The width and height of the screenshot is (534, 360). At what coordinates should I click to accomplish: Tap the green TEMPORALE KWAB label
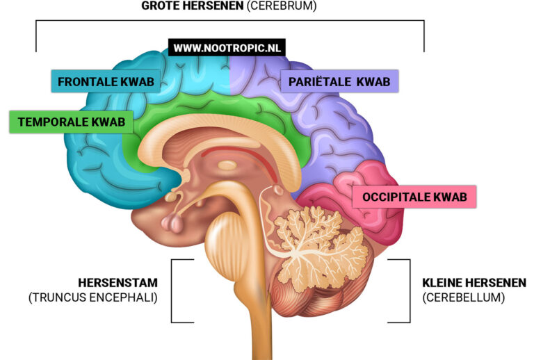click(x=71, y=122)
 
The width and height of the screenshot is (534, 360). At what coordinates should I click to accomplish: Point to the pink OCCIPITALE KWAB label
click(x=415, y=197)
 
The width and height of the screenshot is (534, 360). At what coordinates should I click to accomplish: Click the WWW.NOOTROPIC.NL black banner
click(x=227, y=48)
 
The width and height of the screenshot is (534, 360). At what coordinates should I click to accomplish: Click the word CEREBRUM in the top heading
click(x=286, y=6)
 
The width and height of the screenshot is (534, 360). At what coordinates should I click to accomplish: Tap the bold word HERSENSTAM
click(x=118, y=283)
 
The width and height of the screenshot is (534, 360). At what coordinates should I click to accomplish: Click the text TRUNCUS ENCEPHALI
click(x=93, y=297)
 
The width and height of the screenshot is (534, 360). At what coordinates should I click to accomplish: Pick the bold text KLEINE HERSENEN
click(x=474, y=283)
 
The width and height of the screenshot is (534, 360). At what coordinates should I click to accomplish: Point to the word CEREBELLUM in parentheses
click(x=463, y=297)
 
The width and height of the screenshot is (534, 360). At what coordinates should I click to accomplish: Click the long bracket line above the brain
click(x=229, y=21)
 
